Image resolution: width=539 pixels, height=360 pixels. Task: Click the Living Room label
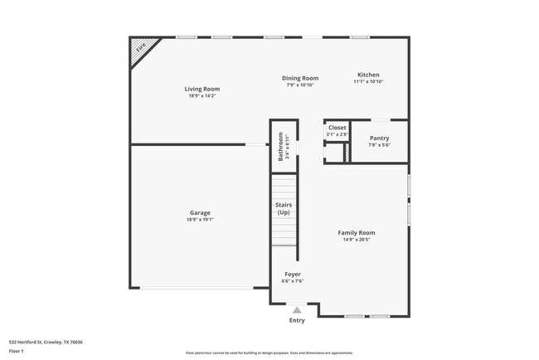point(202,89)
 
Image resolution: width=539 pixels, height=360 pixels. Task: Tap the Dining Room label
point(300,78)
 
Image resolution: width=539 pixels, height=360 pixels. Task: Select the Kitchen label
point(368,75)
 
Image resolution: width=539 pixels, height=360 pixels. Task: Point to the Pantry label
point(379,139)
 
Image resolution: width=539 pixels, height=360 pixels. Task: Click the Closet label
point(337,128)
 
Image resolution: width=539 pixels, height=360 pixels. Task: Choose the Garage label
point(200,213)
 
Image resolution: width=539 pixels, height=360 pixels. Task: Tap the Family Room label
point(356,233)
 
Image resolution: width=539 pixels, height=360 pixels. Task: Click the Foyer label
point(293,274)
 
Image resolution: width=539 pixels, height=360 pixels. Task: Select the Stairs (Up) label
point(284,209)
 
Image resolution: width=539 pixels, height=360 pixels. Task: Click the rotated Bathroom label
point(280,146)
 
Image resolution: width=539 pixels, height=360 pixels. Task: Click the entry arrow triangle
point(296,310)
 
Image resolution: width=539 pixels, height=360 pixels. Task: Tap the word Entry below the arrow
point(296,320)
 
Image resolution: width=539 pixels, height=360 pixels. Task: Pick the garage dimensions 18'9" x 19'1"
point(200,220)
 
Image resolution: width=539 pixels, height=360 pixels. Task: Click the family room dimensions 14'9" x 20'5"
point(356,240)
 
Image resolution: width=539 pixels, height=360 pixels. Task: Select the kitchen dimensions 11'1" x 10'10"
point(368,82)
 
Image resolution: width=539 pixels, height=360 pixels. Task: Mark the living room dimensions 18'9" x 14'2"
point(202,96)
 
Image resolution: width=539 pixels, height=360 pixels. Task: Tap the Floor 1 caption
point(17,351)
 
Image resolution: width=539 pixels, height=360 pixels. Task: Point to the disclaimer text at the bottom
point(269,353)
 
